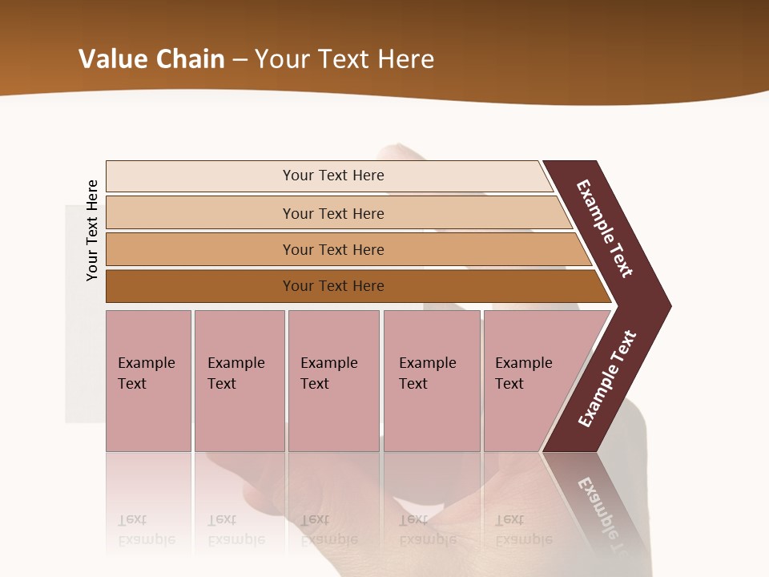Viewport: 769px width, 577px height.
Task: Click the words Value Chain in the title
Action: coord(151,59)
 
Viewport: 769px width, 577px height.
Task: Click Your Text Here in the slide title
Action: coord(344,59)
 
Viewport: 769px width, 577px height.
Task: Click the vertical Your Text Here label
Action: coord(92,230)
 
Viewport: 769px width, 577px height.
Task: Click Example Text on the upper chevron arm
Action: coord(605,228)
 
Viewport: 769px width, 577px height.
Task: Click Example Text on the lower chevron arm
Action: coord(606,379)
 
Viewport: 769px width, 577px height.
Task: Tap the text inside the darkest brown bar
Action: coord(333,286)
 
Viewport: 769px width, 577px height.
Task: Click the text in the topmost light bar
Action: coord(333,176)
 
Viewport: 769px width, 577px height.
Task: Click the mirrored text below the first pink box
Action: coord(146,530)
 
